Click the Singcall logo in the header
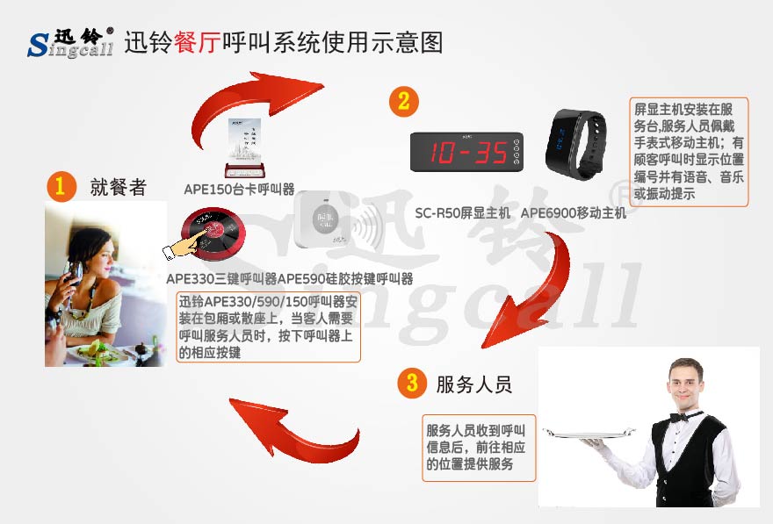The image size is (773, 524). pyautogui.click(x=70, y=41)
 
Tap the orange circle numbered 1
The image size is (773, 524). pyautogui.click(x=60, y=186)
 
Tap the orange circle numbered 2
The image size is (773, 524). pyautogui.click(x=403, y=101)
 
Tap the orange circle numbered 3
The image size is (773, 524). pyautogui.click(x=411, y=384)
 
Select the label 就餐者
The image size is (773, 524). pyautogui.click(x=118, y=187)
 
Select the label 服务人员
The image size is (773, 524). pyautogui.click(x=473, y=384)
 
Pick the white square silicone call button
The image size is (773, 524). pyautogui.click(x=325, y=219)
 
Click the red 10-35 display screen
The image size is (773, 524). pyautogui.click(x=468, y=152)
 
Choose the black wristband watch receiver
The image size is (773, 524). pyautogui.click(x=576, y=142)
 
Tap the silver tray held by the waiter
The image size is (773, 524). pyautogui.click(x=589, y=432)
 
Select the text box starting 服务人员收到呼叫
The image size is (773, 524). pyautogui.click(x=479, y=448)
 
